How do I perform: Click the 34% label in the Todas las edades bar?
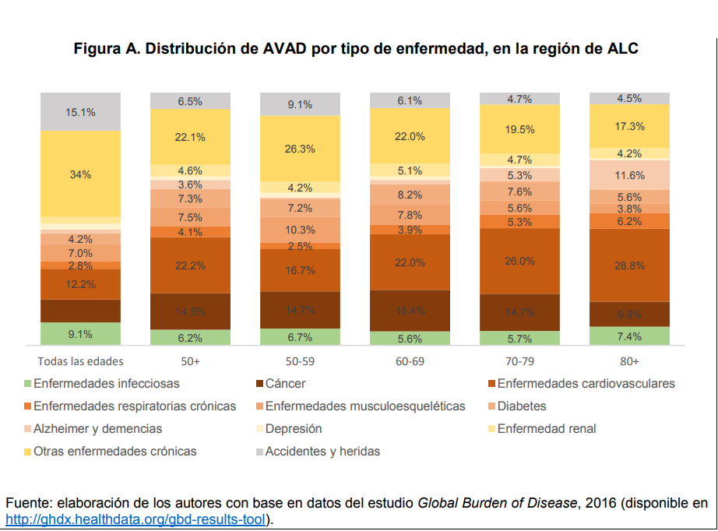80,174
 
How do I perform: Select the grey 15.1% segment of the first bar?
80,112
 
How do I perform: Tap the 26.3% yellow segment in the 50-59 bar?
300,149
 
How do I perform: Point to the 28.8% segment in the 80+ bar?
629,265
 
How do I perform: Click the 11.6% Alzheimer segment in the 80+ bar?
629,175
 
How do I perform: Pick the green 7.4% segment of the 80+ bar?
629,336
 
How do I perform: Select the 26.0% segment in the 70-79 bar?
519,261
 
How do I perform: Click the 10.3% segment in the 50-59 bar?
300,230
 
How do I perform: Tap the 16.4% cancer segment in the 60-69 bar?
410,311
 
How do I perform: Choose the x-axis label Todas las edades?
80,361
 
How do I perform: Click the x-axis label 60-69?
410,361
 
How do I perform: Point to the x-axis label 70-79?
519,361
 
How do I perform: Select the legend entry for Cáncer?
285,383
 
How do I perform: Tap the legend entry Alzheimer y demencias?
98,428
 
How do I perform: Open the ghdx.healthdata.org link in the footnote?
136,519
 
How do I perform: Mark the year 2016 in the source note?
597,503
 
